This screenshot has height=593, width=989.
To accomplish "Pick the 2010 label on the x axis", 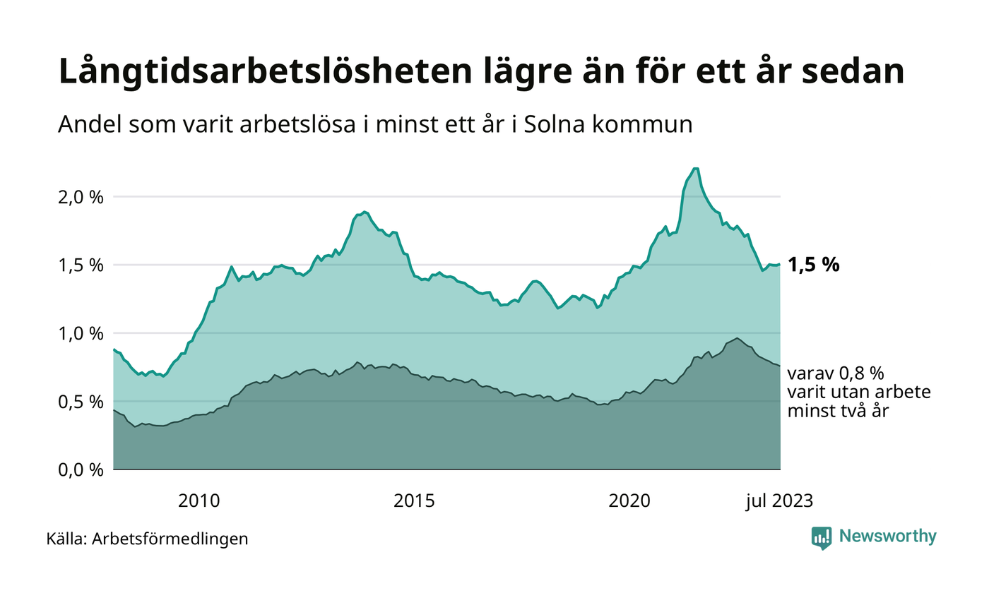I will coord(199,501).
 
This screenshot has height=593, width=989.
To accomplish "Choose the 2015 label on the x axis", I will coord(414,501).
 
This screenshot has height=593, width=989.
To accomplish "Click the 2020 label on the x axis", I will coord(629,501).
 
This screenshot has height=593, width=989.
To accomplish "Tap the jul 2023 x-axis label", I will coord(780,501).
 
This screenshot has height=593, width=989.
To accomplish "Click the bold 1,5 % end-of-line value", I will coord(814,265).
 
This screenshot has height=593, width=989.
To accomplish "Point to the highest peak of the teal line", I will coord(695,168).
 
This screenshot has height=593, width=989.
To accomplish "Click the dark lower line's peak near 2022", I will coord(737,338).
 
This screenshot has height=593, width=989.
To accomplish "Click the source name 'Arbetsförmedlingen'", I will coord(170,539).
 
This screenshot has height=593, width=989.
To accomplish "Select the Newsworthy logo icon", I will coord(822,537).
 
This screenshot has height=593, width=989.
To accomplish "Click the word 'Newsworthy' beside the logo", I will coord(887,537).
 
